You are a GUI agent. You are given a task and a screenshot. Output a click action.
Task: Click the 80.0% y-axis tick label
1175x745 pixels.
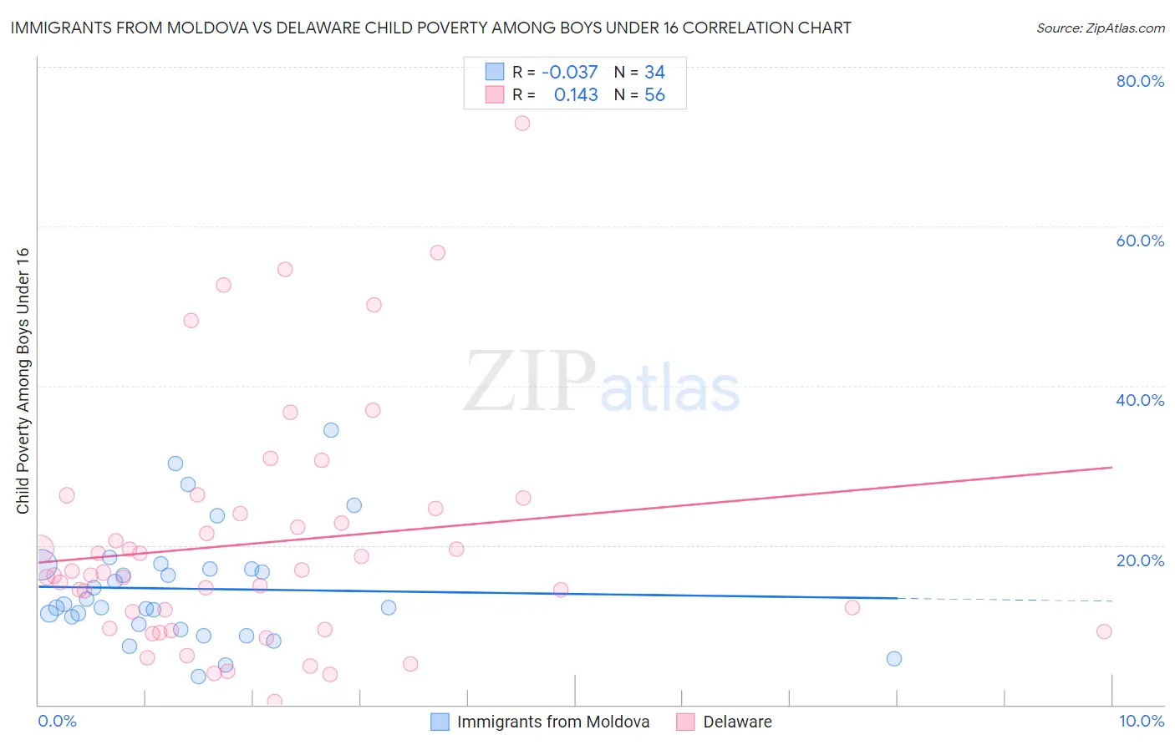point(1140,81)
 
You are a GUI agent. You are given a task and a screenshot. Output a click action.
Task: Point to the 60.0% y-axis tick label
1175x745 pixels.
point(1140,241)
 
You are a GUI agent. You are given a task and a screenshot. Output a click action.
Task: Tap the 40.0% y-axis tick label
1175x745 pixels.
point(1140,400)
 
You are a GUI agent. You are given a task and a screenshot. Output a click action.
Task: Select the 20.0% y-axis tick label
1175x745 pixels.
point(1140,560)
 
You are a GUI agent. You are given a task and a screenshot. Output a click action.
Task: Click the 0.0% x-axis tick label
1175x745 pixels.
point(57,721)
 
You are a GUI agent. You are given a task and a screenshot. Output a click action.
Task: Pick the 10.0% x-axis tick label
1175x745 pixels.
point(1141,721)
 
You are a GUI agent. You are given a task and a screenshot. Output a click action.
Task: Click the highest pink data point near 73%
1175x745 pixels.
point(522,123)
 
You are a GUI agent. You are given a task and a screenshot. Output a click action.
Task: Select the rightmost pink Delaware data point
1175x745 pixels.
point(1104,631)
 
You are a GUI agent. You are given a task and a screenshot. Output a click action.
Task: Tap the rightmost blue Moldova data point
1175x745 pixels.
point(894,659)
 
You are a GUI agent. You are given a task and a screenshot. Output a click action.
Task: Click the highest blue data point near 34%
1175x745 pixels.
point(331,430)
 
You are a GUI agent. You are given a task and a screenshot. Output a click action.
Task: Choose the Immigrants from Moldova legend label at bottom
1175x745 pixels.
point(552,722)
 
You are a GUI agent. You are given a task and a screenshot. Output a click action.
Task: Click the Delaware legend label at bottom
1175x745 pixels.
point(737,722)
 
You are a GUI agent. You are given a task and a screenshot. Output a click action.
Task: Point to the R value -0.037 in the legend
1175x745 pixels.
point(569,73)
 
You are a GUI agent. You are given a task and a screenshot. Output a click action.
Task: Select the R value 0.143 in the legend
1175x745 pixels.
point(576,95)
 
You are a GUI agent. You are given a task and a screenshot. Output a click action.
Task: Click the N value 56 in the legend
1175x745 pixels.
point(654,95)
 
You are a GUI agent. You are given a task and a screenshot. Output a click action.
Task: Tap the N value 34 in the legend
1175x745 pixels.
point(654,73)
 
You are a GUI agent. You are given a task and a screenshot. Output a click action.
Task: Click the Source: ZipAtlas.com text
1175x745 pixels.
point(1100,28)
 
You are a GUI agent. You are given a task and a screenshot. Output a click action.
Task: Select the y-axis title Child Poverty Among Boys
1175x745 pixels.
point(23,381)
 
